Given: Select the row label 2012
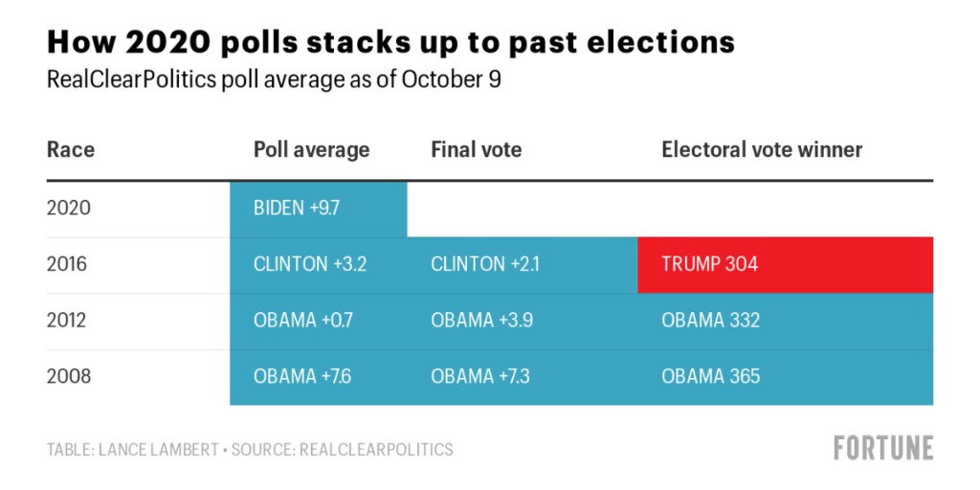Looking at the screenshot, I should (x=68, y=321).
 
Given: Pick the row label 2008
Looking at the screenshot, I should (x=69, y=376).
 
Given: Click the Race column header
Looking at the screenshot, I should (x=71, y=150).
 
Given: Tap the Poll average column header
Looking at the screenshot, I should (x=311, y=150).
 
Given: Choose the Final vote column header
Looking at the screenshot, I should (x=476, y=150).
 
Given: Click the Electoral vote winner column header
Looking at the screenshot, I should (x=762, y=150).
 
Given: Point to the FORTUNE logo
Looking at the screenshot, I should (x=882, y=447).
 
